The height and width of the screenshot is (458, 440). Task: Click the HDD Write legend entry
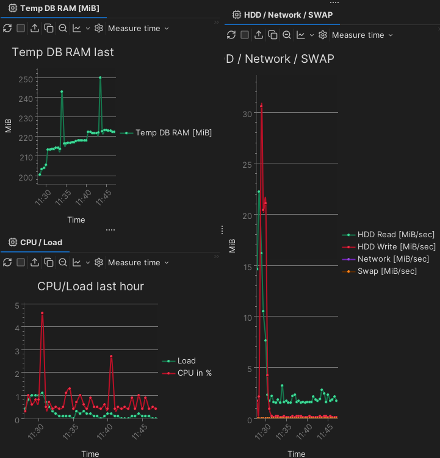click(396, 246)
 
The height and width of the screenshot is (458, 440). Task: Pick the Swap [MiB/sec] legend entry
click(387, 271)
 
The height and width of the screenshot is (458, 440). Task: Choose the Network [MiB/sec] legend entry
click(393, 259)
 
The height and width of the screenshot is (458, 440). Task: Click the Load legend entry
click(186, 360)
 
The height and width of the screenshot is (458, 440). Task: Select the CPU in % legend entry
click(194, 373)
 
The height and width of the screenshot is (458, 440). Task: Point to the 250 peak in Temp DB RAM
click(100, 77)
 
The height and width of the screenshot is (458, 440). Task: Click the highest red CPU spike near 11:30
click(42, 313)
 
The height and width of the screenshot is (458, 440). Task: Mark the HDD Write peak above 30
click(261, 106)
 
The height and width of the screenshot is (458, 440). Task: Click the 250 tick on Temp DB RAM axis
click(26, 79)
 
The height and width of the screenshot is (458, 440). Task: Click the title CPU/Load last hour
click(90, 286)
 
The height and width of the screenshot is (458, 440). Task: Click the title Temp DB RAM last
click(63, 52)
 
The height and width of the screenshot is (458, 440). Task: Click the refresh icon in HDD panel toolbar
click(231, 35)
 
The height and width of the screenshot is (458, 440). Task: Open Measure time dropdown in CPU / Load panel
click(138, 262)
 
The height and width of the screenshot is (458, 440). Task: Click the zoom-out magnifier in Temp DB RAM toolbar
click(63, 28)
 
